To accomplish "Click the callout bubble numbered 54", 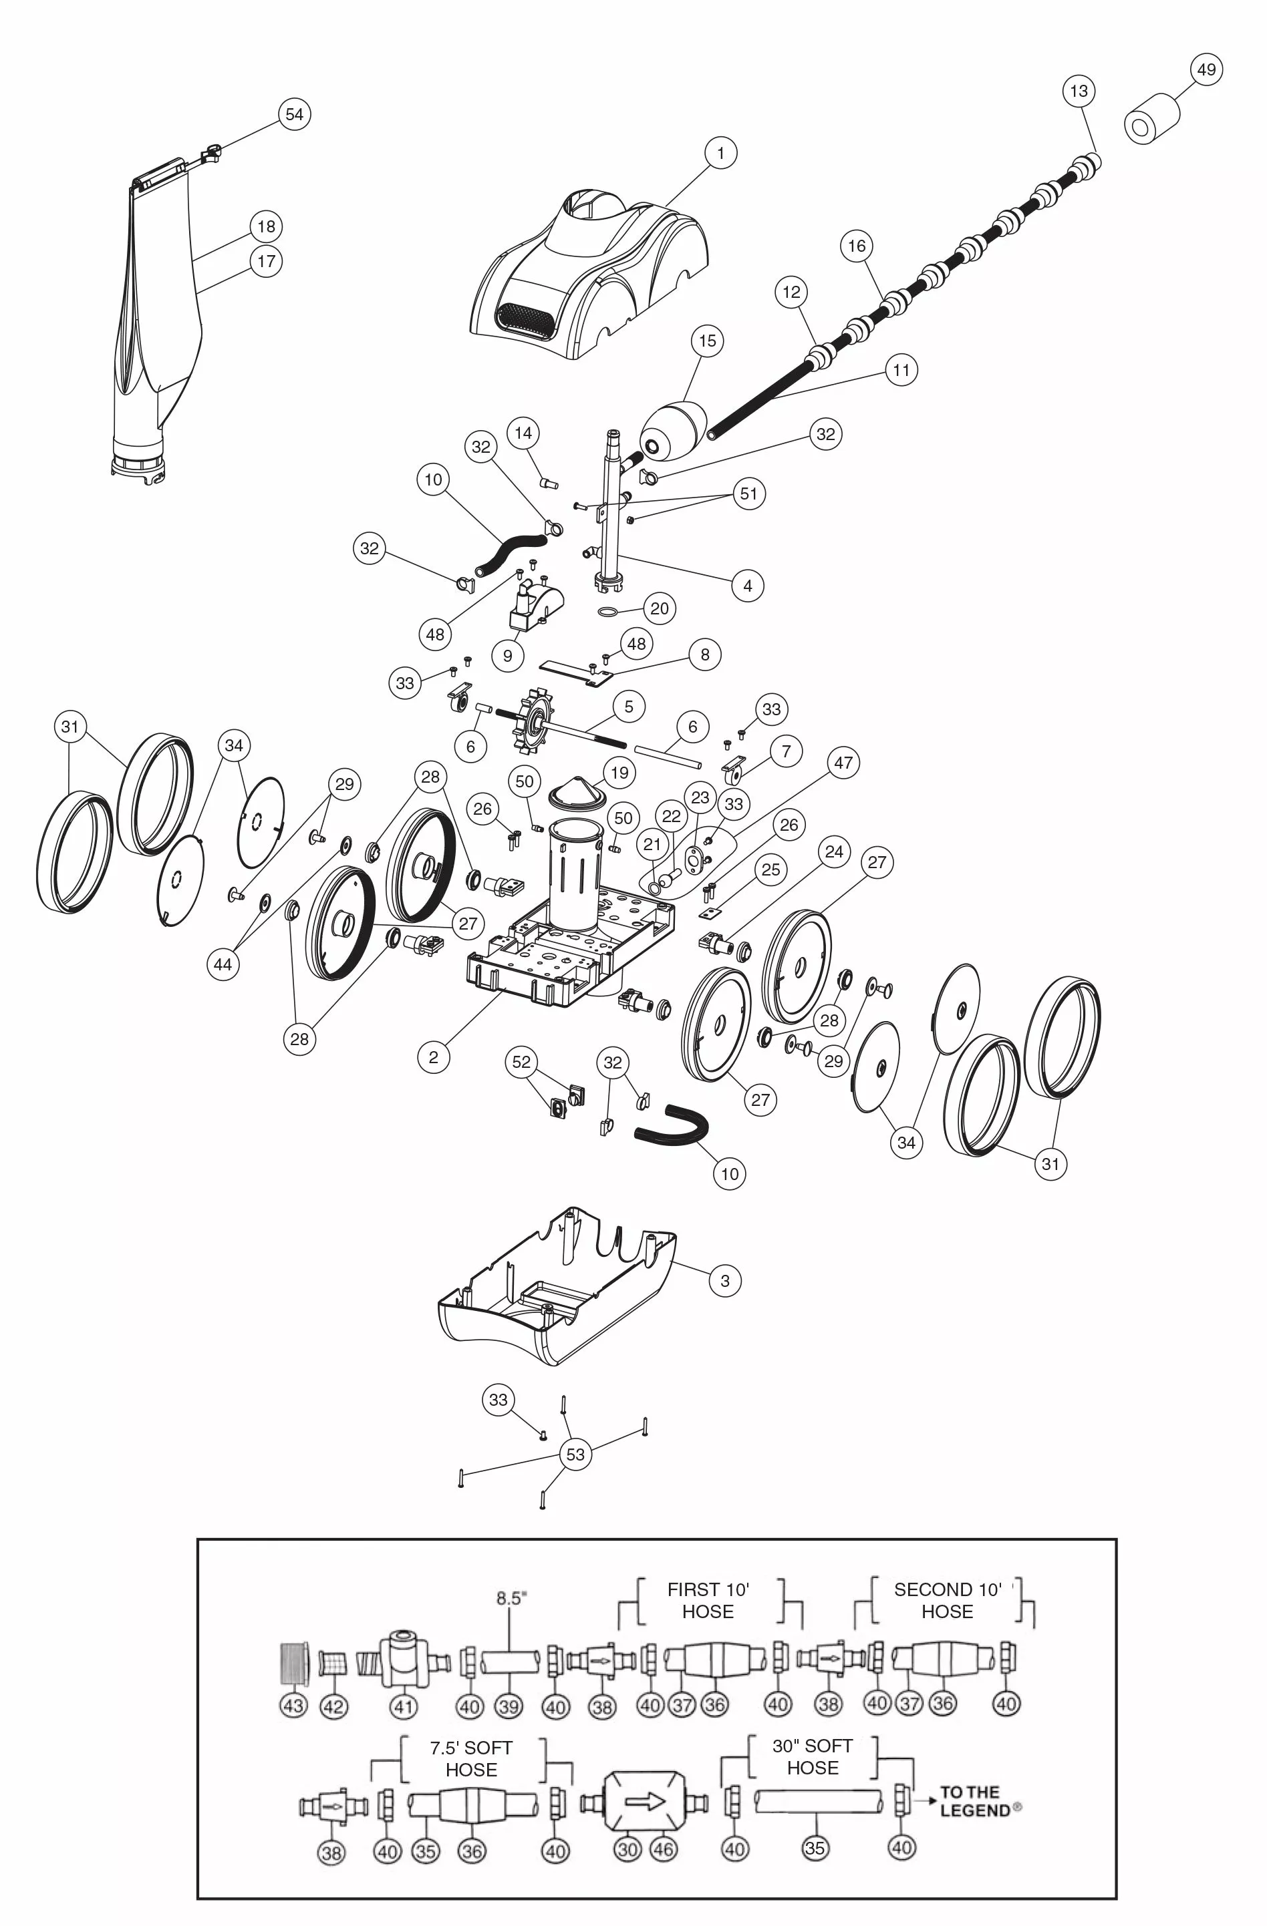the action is pyautogui.click(x=295, y=114).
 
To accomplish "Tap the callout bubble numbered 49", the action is pyautogui.click(x=1206, y=69).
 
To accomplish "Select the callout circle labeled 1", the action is pyautogui.click(x=720, y=153).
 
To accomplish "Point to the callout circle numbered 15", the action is pyautogui.click(x=708, y=341).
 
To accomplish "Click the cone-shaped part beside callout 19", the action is pyautogui.click(x=578, y=787).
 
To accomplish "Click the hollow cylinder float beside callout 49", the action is pyautogui.click(x=1152, y=120).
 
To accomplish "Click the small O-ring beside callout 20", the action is pyautogui.click(x=608, y=610).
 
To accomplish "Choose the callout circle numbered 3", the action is pyautogui.click(x=724, y=1280).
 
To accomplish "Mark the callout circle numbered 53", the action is pyautogui.click(x=575, y=1455).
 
